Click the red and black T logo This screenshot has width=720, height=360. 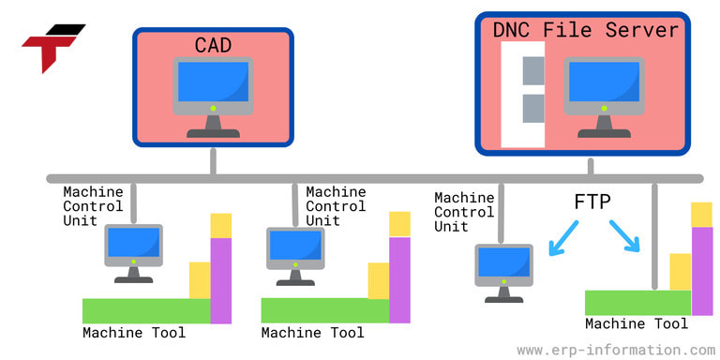(52, 48)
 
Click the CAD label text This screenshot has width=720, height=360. (213, 44)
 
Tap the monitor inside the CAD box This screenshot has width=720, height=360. (213, 89)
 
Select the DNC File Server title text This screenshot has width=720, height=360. (585, 30)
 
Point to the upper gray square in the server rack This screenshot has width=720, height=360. (533, 68)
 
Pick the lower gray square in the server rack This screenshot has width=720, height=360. (533, 108)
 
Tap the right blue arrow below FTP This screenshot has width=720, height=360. (624, 236)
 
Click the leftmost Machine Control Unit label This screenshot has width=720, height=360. (93, 205)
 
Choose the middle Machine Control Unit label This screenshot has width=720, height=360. (336, 206)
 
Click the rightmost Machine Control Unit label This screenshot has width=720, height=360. (464, 212)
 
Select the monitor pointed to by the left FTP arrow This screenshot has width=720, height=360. (503, 268)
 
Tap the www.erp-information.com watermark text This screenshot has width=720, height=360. (615, 350)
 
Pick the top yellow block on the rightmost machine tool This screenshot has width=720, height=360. (701, 214)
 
